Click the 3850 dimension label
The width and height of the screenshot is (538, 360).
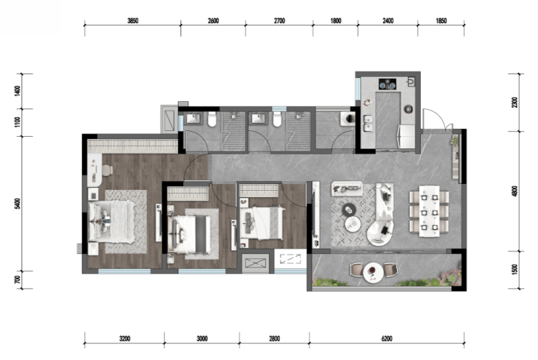(x=133, y=21)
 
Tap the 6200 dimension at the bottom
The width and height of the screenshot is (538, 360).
(x=387, y=339)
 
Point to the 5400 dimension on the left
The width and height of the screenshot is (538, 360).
(x=18, y=204)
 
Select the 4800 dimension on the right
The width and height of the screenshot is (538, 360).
(x=514, y=191)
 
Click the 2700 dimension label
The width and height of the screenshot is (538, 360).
(x=279, y=21)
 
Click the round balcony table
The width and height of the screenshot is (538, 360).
(x=374, y=273)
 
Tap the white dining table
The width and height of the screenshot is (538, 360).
(x=429, y=212)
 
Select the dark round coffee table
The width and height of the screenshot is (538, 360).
(x=349, y=209)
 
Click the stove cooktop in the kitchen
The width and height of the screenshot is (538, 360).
(x=388, y=84)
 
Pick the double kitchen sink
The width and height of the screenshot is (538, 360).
(x=369, y=124)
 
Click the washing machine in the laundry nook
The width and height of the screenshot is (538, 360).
(x=348, y=119)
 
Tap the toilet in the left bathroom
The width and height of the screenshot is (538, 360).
(x=212, y=119)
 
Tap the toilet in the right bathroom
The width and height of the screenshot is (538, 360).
(x=277, y=119)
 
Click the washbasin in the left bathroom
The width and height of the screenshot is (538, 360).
(x=193, y=119)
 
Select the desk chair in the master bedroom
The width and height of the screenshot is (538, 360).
(x=107, y=170)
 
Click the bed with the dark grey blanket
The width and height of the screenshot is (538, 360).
(x=192, y=234)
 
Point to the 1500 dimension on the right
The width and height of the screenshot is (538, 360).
(x=514, y=269)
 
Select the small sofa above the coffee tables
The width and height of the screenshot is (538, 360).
(x=347, y=188)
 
